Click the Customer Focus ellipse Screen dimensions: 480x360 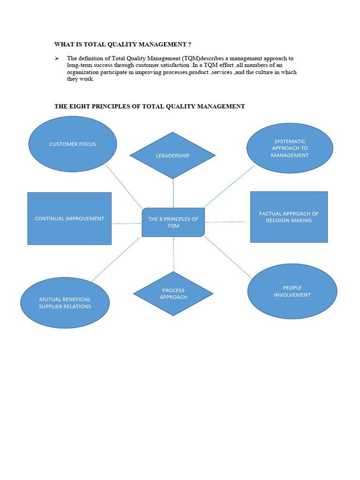(x=73, y=144)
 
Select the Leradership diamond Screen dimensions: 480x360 (x=172, y=155)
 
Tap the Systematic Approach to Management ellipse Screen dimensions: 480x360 (x=290, y=148)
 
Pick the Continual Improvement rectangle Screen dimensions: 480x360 (x=69, y=218)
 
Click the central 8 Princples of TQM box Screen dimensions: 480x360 (x=173, y=222)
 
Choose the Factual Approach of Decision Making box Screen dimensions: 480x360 (x=289, y=217)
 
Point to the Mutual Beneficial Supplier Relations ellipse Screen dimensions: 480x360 (x=65, y=303)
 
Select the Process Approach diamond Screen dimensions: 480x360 (x=173, y=294)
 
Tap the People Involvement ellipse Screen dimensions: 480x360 (x=292, y=291)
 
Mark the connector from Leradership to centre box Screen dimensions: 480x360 (x=173, y=193)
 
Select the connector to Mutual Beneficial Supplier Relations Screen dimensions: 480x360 (x=116, y=259)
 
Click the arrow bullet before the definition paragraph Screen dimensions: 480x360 (x=57, y=58)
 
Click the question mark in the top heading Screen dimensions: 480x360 (x=189, y=45)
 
